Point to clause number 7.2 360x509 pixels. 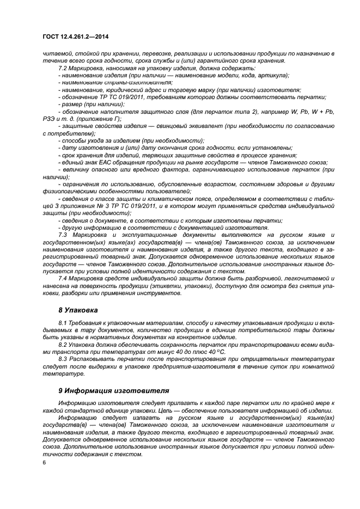pos(63,69)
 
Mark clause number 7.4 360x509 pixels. pos(63,278)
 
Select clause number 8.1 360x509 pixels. pos(63,324)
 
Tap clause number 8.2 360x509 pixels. pos(63,345)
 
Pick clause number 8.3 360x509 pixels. pos(63,360)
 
